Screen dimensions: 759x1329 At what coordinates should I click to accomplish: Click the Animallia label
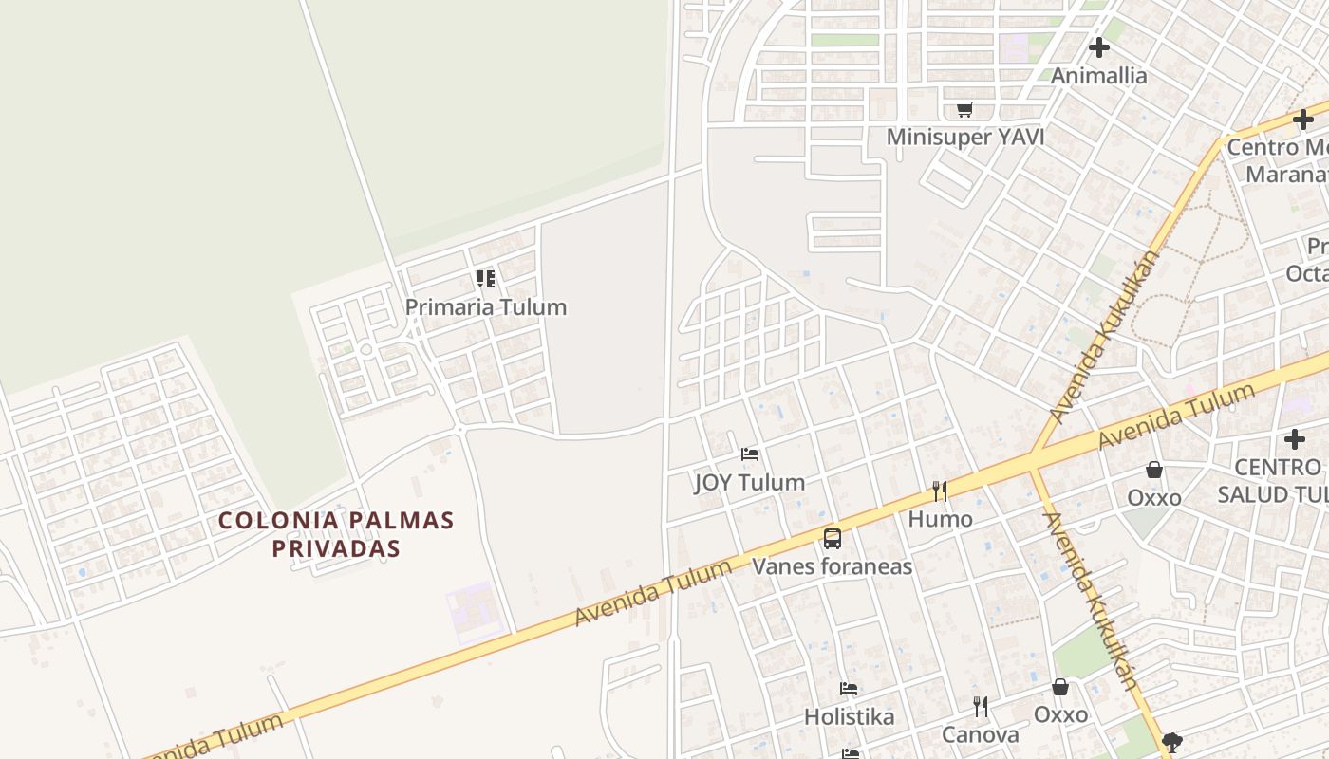click(x=1098, y=75)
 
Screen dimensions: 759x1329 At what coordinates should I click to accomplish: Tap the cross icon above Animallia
click(x=1099, y=46)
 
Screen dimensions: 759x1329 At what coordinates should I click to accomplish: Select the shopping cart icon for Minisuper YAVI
click(x=965, y=110)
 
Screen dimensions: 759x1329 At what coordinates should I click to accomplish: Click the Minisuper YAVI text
click(x=965, y=137)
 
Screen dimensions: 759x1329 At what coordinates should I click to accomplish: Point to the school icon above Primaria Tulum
click(x=486, y=279)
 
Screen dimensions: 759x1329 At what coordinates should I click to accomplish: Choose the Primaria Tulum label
click(x=486, y=306)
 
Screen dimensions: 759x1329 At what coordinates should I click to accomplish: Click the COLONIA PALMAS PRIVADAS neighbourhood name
click(x=336, y=534)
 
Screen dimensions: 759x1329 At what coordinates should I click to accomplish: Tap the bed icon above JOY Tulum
click(x=750, y=454)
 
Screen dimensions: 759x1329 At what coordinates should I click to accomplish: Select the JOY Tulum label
click(x=750, y=482)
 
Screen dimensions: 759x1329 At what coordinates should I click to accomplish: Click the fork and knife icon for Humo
click(x=940, y=491)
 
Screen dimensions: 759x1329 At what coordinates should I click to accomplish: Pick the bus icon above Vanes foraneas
click(x=833, y=539)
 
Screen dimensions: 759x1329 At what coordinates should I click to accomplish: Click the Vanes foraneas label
click(x=833, y=566)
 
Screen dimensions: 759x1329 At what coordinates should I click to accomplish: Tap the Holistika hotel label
click(x=850, y=716)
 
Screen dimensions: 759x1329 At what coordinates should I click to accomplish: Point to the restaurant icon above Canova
click(x=981, y=707)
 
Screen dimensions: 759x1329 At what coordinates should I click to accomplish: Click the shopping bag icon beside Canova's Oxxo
click(x=1060, y=687)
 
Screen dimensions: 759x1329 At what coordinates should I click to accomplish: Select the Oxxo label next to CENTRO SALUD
click(x=1154, y=497)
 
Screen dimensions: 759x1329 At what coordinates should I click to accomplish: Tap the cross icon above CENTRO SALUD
click(x=1295, y=439)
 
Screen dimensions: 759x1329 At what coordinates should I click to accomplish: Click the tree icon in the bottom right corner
click(x=1172, y=742)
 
